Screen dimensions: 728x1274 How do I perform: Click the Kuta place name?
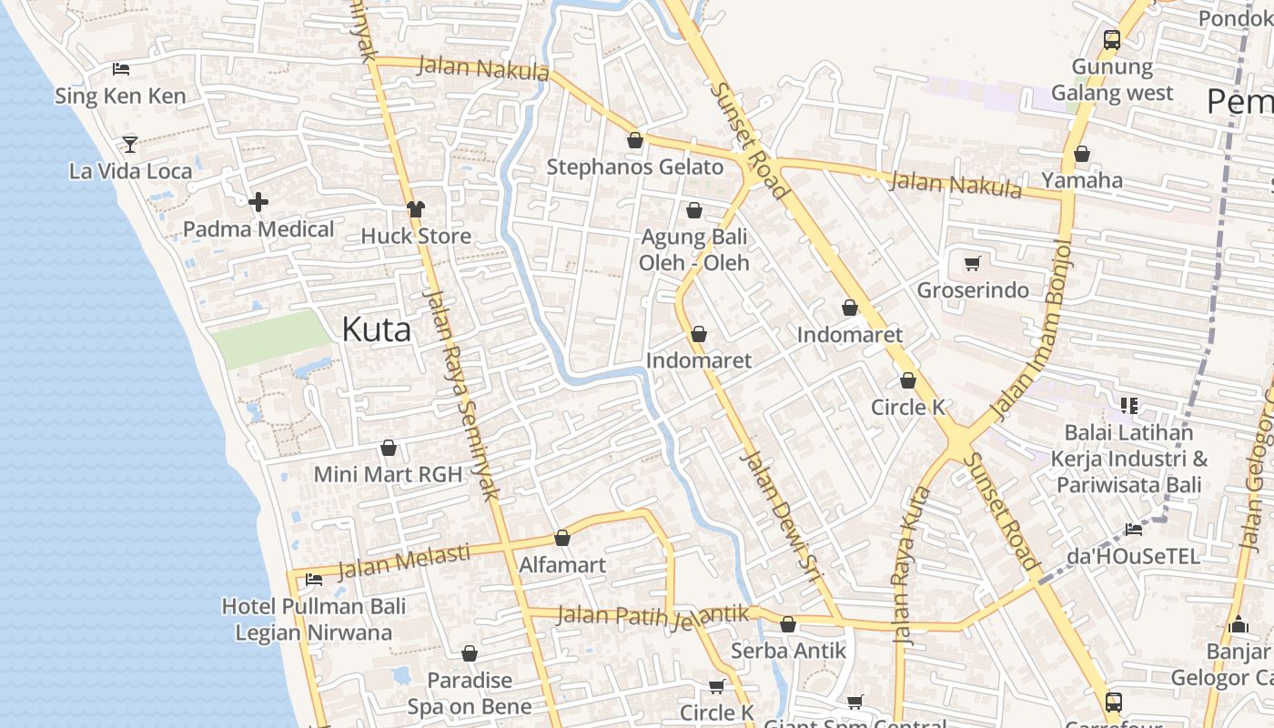pos(376,329)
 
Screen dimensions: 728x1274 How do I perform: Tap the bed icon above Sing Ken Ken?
pos(121,69)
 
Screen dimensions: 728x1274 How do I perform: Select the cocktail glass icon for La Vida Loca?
pos(130,144)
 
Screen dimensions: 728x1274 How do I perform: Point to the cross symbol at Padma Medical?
pos(258,201)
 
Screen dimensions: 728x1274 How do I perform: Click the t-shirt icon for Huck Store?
pos(416,209)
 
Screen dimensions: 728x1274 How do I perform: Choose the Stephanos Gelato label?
pos(634,167)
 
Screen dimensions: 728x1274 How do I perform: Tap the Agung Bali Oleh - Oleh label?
pos(694,249)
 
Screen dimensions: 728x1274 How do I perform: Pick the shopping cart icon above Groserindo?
pos(973,264)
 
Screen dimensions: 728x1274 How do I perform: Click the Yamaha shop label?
pos(1082,180)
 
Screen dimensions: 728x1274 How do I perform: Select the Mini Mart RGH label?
pos(388,474)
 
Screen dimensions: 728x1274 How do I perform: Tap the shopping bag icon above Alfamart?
pos(562,538)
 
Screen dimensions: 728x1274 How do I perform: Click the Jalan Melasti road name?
pos(403,562)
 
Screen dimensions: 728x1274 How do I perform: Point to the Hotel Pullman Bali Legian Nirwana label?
pos(314,620)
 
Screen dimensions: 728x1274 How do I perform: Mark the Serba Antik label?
pos(788,651)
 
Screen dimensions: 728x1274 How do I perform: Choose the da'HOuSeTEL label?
pos(1133,556)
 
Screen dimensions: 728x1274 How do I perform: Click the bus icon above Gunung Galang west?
pos(1112,40)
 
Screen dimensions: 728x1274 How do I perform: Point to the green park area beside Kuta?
pos(271,339)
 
